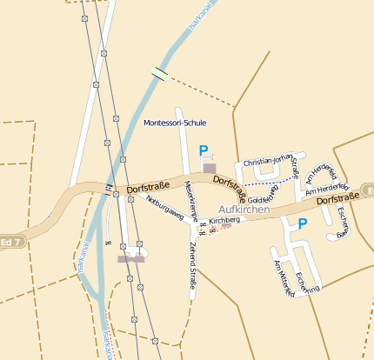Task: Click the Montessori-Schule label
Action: click(x=175, y=123)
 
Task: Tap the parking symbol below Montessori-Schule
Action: click(x=204, y=150)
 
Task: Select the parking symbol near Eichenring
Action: click(x=303, y=224)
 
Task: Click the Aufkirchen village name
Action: click(x=244, y=210)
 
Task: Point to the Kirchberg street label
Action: click(x=224, y=221)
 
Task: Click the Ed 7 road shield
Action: click(x=10, y=241)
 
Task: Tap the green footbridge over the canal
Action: click(x=158, y=74)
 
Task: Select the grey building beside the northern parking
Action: click(x=210, y=168)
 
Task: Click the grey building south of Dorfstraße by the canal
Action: click(x=131, y=258)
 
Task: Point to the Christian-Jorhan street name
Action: click(x=270, y=162)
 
